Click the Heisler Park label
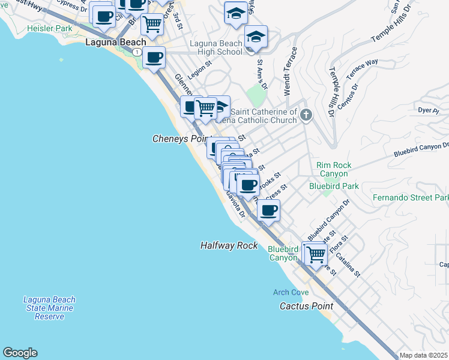pyautogui.click(x=50, y=28)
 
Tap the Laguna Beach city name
pyautogui.click(x=116, y=43)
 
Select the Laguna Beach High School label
pyautogui.click(x=216, y=47)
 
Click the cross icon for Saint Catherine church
pyautogui.click(x=306, y=115)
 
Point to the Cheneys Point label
pyautogui.click(x=179, y=139)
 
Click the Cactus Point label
pyautogui.click(x=306, y=306)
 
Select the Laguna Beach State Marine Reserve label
pyautogui.click(x=49, y=308)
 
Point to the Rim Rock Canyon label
pyautogui.click(x=334, y=169)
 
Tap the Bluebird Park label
pyautogui.click(x=334, y=186)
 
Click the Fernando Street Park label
pyautogui.click(x=411, y=197)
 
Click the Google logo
pyautogui.click(x=20, y=353)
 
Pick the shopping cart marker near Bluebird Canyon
pyautogui.click(x=316, y=253)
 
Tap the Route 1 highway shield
pyautogui.click(x=137, y=52)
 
